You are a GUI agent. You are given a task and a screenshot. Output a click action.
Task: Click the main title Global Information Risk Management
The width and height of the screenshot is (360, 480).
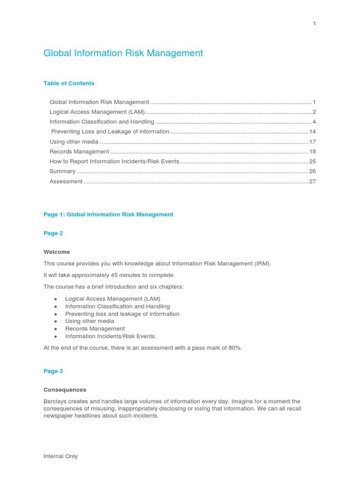point(123,53)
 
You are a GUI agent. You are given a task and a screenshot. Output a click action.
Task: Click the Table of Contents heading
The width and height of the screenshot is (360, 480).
point(69,83)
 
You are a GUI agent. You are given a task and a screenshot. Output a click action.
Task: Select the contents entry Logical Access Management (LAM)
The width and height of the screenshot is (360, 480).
point(97,112)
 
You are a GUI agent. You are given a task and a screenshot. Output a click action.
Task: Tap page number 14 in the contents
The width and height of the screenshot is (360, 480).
point(312,132)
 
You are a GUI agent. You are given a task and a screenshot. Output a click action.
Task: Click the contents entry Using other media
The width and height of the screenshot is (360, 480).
point(74,142)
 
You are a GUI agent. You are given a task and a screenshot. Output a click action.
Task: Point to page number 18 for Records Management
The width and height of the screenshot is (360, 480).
point(312,151)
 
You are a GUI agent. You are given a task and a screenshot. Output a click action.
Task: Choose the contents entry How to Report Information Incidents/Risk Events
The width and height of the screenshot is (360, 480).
point(114,161)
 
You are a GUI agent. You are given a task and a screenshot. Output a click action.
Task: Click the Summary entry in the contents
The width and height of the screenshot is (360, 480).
point(62,172)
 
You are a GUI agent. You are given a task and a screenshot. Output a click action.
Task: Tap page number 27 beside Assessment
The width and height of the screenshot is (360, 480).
point(312,181)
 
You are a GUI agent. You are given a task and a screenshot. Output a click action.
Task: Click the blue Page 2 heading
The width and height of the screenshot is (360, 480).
point(53,233)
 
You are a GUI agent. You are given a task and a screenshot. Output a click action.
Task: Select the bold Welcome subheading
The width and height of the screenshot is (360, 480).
point(57,252)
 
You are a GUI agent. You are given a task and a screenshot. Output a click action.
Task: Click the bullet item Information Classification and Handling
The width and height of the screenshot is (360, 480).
point(117,307)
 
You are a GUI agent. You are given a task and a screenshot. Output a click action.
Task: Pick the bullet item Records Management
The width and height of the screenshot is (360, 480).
point(95,329)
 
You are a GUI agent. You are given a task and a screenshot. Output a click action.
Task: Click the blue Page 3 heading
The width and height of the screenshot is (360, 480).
point(53,371)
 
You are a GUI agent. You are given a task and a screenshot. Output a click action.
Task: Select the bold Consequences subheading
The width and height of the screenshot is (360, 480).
point(65,390)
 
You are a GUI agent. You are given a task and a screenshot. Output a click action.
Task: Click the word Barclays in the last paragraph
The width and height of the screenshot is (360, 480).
point(56,402)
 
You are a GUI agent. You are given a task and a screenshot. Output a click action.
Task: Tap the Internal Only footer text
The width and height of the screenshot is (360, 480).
point(60,457)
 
